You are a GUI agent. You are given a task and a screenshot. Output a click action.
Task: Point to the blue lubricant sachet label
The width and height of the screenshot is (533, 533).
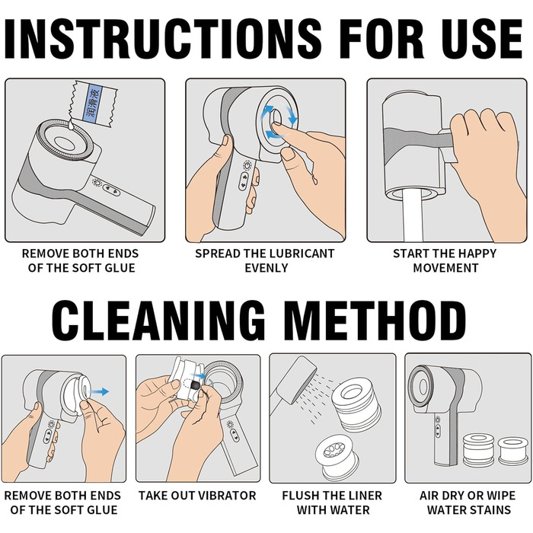(x=93, y=102)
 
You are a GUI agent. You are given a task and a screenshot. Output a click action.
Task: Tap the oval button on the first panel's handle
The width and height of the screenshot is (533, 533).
(x=112, y=190)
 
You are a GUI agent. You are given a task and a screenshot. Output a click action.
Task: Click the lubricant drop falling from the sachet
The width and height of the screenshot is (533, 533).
(x=71, y=126)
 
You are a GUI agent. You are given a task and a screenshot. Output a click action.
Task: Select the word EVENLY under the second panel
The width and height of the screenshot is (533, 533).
(x=266, y=268)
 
